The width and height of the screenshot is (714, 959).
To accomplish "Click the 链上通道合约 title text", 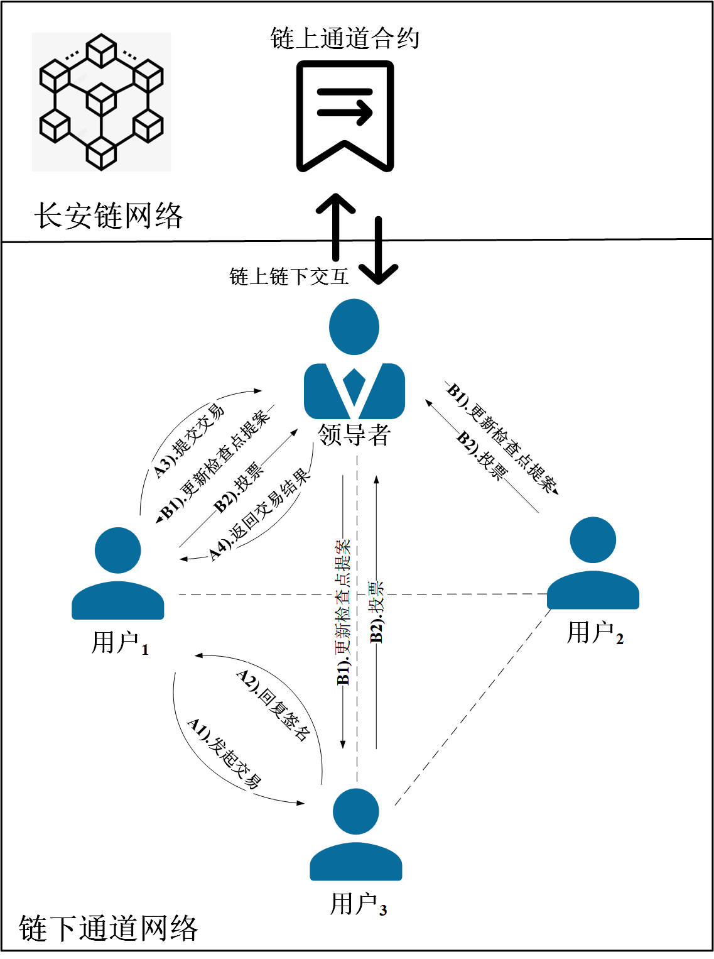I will click(x=345, y=38).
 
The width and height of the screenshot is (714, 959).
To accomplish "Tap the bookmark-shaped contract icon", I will click(x=345, y=116).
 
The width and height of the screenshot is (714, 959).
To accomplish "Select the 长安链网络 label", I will click(x=108, y=216).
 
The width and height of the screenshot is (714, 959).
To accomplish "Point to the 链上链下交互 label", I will click(x=288, y=277).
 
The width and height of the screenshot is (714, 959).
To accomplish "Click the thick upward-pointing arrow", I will click(x=336, y=226).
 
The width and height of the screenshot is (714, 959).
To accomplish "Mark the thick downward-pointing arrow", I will click(x=379, y=251).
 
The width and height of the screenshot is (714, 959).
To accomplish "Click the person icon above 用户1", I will click(x=118, y=573).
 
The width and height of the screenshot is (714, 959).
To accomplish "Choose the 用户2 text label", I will click(x=595, y=633).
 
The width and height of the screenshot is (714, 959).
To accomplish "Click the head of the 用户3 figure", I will click(x=356, y=811).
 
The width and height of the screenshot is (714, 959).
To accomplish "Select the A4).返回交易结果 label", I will click(x=261, y=515).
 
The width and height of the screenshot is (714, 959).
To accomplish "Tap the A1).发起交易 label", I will click(x=224, y=753).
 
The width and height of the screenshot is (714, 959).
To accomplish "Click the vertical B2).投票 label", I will click(x=376, y=611).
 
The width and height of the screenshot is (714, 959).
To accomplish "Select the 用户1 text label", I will click(x=120, y=644).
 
